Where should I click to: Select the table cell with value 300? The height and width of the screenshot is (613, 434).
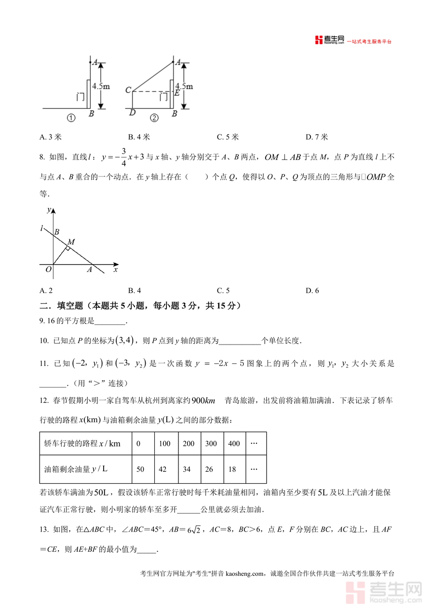(211, 443)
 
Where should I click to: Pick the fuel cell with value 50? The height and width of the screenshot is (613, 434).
(140, 469)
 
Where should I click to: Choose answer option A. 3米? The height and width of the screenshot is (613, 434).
(51, 137)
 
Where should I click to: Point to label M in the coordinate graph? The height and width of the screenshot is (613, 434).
(71, 241)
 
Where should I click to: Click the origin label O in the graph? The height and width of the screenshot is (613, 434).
(48, 270)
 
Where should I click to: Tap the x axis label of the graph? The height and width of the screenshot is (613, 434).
(116, 270)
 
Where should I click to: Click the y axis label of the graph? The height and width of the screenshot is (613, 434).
(49, 210)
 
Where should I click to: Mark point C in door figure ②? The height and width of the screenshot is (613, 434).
(128, 90)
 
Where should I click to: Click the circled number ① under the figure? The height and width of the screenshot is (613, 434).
(71, 118)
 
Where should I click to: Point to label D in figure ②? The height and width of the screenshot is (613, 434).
(132, 113)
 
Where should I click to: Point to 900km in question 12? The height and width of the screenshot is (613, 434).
(203, 401)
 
